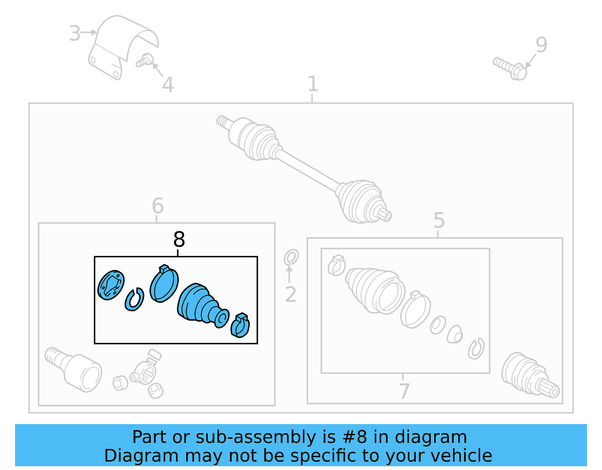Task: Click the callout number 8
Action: click(179, 239)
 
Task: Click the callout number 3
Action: click(75, 33)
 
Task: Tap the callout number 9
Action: click(541, 45)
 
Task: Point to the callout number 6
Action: click(158, 206)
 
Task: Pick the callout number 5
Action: click(439, 220)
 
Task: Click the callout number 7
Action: click(404, 391)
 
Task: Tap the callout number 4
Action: click(168, 85)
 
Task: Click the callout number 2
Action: click(290, 294)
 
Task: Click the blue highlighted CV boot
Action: click(201, 304)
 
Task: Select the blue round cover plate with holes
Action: click(111, 285)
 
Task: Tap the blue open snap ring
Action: click(135, 300)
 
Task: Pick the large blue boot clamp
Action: click(164, 284)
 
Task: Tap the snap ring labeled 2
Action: click(291, 258)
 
